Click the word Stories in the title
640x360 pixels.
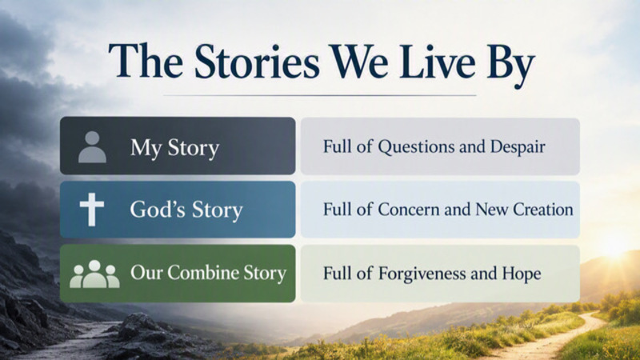[256, 62]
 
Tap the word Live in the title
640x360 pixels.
[437, 62]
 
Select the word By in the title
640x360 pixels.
[510, 66]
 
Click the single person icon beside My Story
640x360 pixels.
[92, 147]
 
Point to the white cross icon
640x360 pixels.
[92, 210]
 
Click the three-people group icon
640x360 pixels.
[94, 274]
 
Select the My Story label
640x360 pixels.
[174, 148]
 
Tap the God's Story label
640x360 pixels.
[186, 210]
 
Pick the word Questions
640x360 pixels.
[416, 147]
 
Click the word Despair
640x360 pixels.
[518, 147]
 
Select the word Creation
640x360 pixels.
[543, 210]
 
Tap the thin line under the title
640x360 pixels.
[319, 95]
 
